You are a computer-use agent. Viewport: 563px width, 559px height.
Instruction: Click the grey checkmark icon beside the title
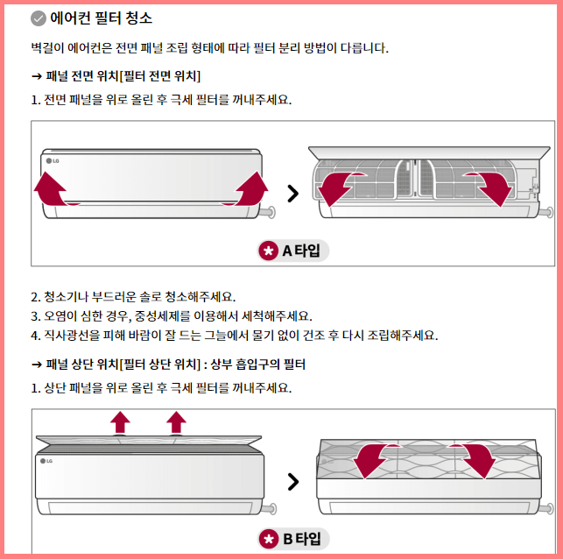click(38, 18)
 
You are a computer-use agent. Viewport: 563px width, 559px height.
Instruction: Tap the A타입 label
click(301, 251)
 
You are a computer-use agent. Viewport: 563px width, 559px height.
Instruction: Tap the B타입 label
click(301, 539)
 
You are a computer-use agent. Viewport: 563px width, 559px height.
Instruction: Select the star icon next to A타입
click(269, 251)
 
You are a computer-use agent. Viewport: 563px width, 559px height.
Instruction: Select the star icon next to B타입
click(269, 539)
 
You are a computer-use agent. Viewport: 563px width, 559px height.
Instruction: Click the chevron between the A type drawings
click(292, 194)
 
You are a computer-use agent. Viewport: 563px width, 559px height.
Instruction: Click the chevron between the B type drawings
click(292, 481)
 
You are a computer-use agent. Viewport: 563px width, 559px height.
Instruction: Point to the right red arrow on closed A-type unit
click(252, 188)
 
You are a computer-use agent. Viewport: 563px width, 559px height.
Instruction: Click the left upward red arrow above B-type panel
click(120, 421)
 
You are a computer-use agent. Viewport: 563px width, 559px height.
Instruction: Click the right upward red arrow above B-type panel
click(177, 421)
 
